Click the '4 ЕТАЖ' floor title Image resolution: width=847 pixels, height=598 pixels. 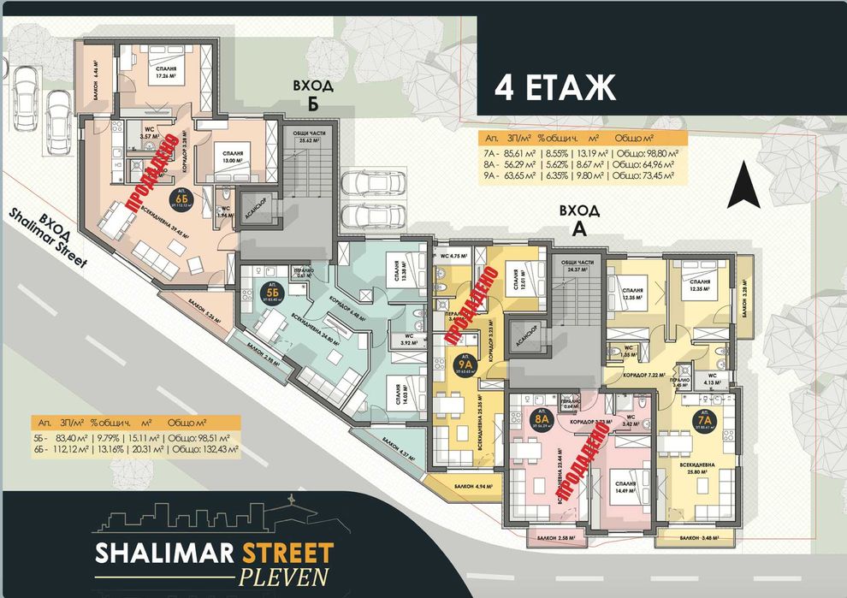(x=555, y=87)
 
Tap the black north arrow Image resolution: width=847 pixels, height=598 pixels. (x=743, y=186)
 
